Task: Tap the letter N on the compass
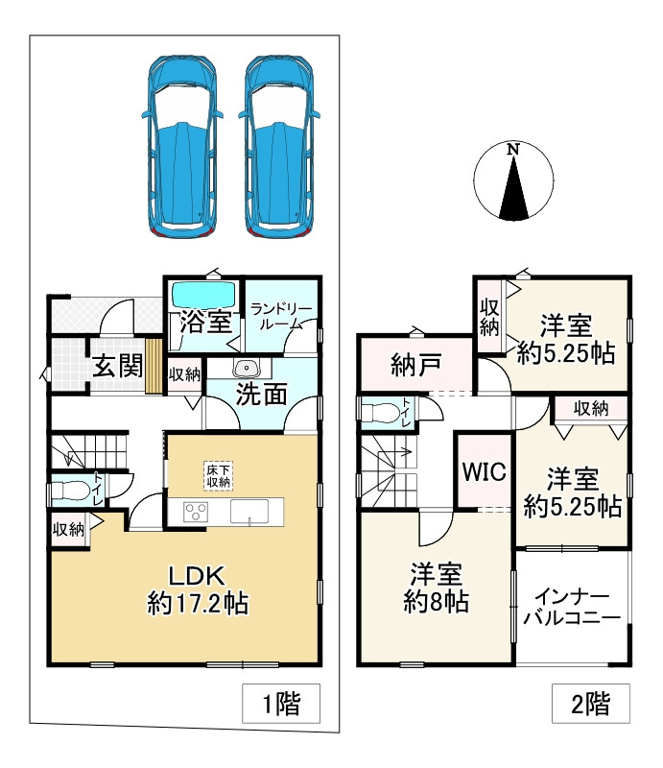coord(514,150)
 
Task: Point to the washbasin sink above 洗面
coord(247,367)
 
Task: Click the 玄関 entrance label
coord(118,366)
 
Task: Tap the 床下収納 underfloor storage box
coord(217,475)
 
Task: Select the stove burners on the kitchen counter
coord(197,512)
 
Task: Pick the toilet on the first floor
coord(72,492)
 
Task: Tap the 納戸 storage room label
coord(416,366)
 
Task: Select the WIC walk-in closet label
coord(485,472)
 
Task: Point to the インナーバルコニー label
coord(572,607)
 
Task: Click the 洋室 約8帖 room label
coord(437,588)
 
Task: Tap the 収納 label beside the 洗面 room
coord(184,374)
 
